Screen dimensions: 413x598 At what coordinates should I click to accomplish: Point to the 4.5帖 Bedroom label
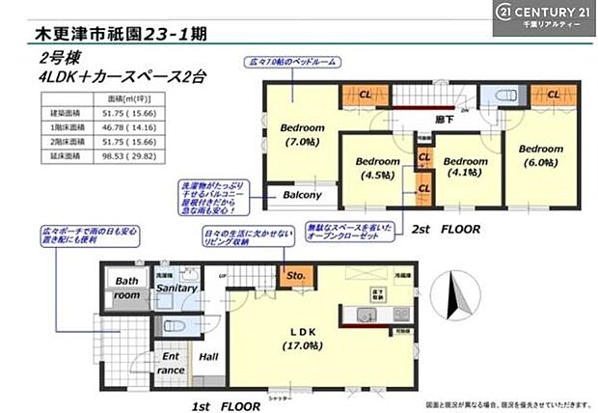pos(377,169)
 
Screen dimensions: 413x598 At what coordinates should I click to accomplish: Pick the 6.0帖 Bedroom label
pos(540,156)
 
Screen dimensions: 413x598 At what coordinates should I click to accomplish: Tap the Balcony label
pos(302,194)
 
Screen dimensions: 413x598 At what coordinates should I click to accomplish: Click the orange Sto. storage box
pos(296,276)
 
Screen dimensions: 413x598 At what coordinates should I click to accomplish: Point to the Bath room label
pos(126,288)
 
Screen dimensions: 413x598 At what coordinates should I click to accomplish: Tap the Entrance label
pos(171,364)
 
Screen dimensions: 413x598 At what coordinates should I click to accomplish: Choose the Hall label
pos(207,356)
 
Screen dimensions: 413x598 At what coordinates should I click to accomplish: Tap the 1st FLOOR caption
pos(225,406)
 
